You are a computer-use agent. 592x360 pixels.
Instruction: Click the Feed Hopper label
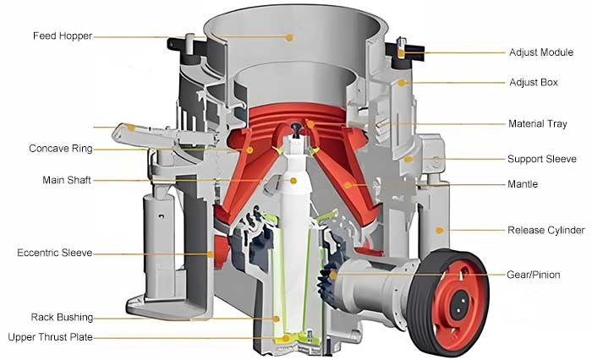63,35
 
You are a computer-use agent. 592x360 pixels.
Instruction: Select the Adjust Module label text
541,52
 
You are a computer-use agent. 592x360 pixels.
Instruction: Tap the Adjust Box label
534,83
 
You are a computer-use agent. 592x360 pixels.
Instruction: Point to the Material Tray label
538,123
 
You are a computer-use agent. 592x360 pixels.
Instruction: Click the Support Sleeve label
542,159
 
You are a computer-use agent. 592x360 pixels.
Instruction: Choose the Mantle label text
523,184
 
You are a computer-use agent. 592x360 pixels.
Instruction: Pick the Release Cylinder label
546,230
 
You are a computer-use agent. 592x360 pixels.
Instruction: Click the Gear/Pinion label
534,275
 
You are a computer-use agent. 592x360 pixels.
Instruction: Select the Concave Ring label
61,149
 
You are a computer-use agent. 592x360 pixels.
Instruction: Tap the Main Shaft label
67,180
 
